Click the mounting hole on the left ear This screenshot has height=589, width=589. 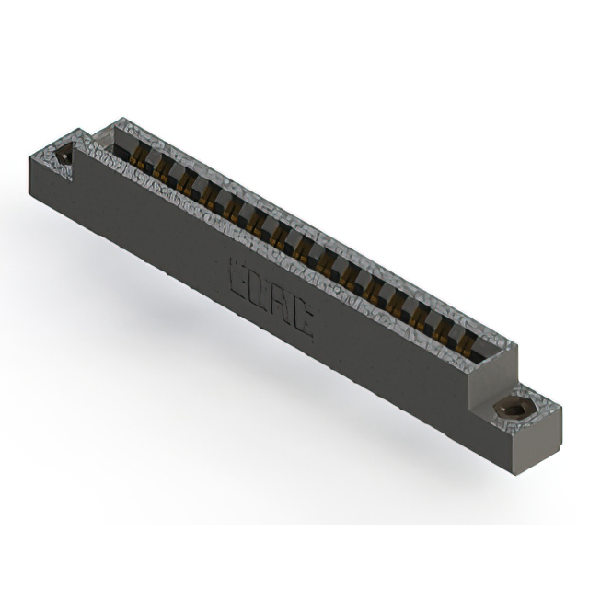[64, 157]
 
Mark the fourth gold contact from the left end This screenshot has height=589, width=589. [206, 191]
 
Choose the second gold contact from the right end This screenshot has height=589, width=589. [444, 329]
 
